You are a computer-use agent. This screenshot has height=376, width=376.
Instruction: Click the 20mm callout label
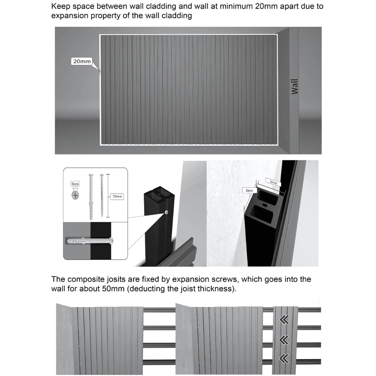pos(81,61)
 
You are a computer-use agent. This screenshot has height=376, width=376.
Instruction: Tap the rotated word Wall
pos(295,86)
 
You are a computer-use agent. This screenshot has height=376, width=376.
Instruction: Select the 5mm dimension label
pos(75,183)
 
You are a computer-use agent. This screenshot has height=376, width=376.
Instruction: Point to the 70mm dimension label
pos(117,197)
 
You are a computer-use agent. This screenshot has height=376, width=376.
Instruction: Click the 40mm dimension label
pos(249,190)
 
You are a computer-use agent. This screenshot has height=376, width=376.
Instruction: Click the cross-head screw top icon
pos(75,195)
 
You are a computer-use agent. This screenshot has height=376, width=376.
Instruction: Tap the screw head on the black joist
pos(166,212)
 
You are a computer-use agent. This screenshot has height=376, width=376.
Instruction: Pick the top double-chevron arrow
pos(284,320)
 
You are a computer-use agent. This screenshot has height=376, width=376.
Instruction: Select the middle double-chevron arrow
pos(284,340)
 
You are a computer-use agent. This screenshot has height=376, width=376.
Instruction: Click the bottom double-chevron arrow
pos(284,358)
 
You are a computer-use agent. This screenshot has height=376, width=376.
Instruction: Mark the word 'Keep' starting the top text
pos(60,6)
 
